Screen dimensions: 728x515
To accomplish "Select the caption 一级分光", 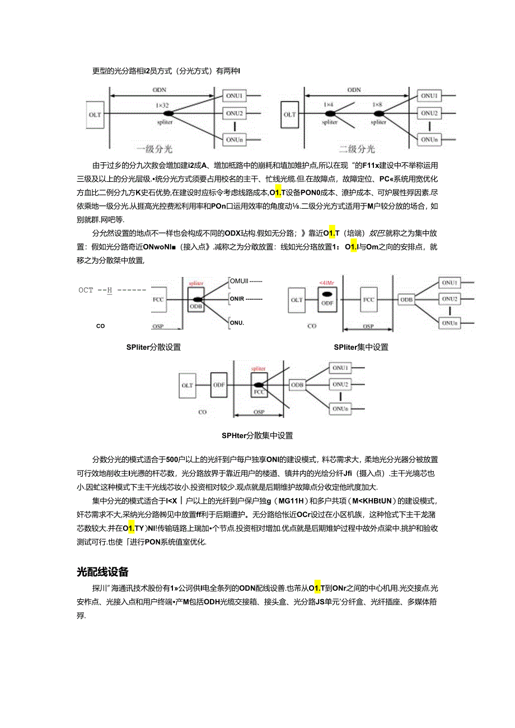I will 154,149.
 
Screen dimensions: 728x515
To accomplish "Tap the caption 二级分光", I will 357,149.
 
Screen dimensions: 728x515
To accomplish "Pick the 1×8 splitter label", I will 378,105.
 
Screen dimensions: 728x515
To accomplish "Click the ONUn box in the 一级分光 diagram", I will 235,138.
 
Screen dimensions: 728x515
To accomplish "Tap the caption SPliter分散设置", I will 153,347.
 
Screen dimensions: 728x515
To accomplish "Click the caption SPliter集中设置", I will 361,347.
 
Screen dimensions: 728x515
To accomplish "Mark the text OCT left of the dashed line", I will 86,290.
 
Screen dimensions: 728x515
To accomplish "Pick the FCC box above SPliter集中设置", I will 368,300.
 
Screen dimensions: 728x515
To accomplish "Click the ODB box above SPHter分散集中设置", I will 297,386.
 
